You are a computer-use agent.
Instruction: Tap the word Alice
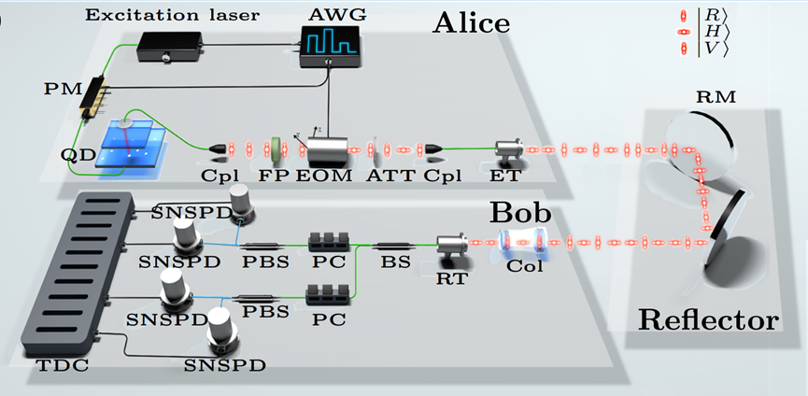pos(472,22)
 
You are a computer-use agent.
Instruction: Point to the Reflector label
pos(708,320)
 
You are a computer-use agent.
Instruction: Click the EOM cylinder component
pos(326,148)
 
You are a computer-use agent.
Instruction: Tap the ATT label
pos(381,176)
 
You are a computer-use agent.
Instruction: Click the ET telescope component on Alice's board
pos(509,149)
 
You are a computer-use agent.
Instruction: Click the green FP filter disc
pos(276,148)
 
